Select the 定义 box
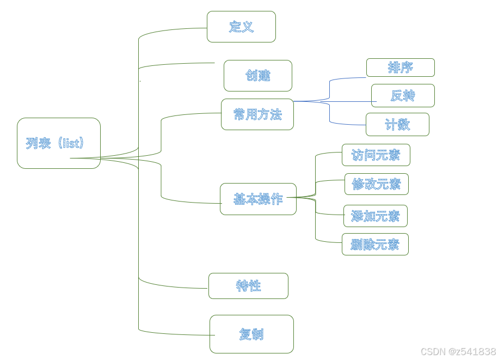(241, 27)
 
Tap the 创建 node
(257, 76)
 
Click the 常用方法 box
(257, 114)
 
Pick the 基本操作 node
(258, 199)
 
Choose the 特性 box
(248, 286)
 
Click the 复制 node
(251, 334)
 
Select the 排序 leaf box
(400, 68)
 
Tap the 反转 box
(403, 96)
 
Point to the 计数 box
(397, 125)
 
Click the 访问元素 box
(376, 155)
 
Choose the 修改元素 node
(376, 184)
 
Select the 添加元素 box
(375, 216)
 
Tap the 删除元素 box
(375, 245)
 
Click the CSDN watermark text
(458, 352)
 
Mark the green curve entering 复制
(174, 332)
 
